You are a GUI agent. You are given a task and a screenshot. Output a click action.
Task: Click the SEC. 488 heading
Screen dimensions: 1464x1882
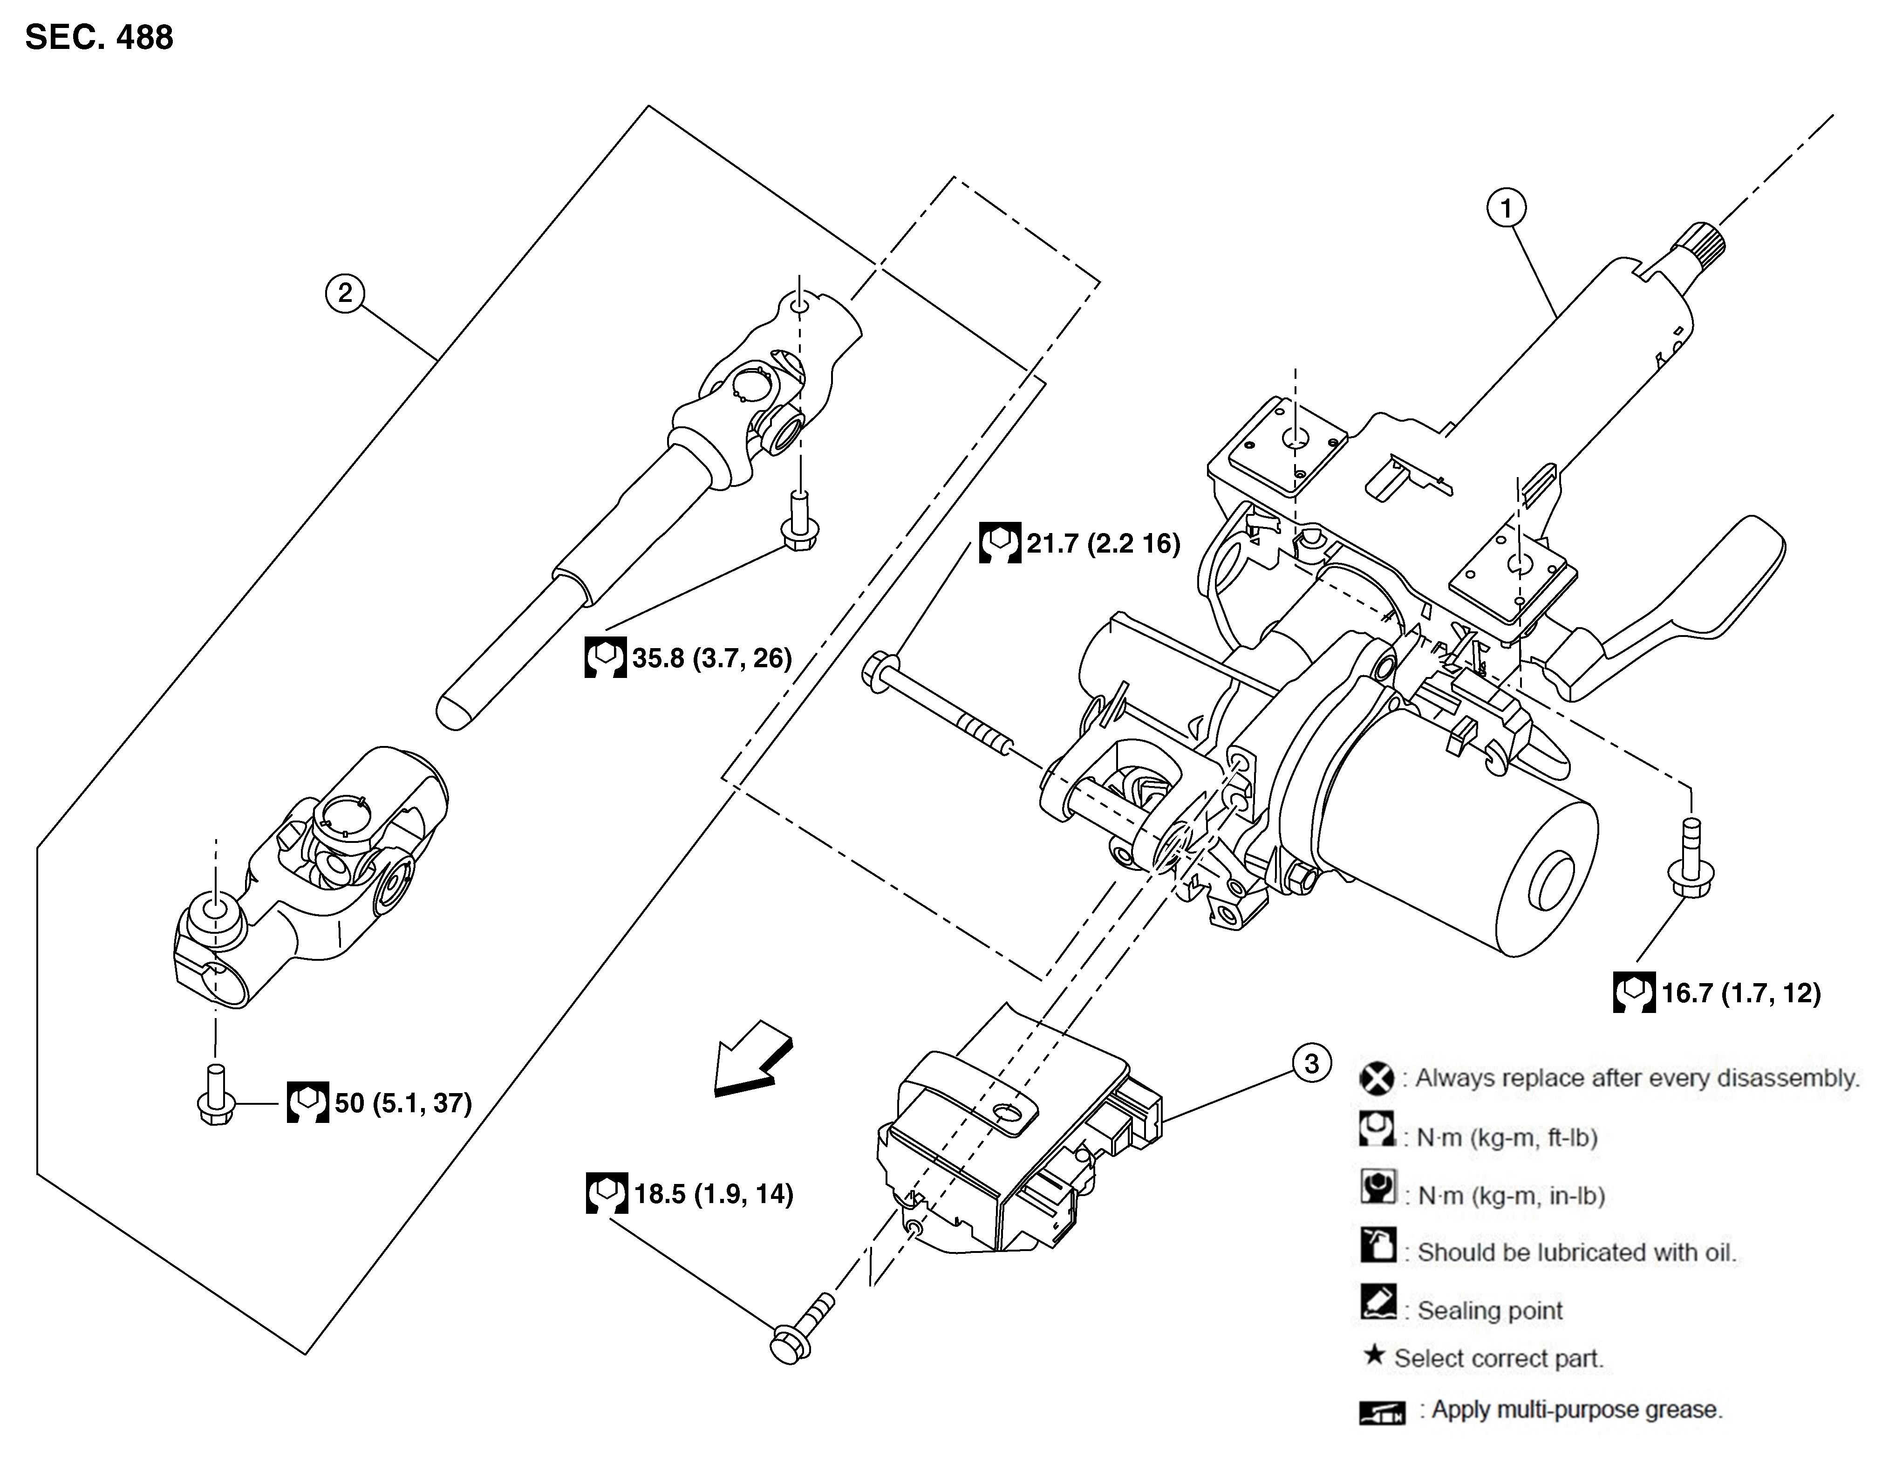[x=99, y=38]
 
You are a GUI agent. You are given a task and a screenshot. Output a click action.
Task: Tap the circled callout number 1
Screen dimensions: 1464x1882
[x=1506, y=209]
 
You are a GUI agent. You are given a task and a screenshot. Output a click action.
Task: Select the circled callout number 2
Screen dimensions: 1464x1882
[x=345, y=294]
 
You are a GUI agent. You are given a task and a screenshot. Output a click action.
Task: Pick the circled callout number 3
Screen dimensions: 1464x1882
[x=1311, y=1063]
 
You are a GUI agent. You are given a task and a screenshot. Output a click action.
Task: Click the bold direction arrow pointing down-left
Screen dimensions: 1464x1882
[x=751, y=1060]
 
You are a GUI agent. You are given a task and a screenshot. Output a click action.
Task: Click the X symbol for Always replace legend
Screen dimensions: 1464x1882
[x=1376, y=1079]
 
